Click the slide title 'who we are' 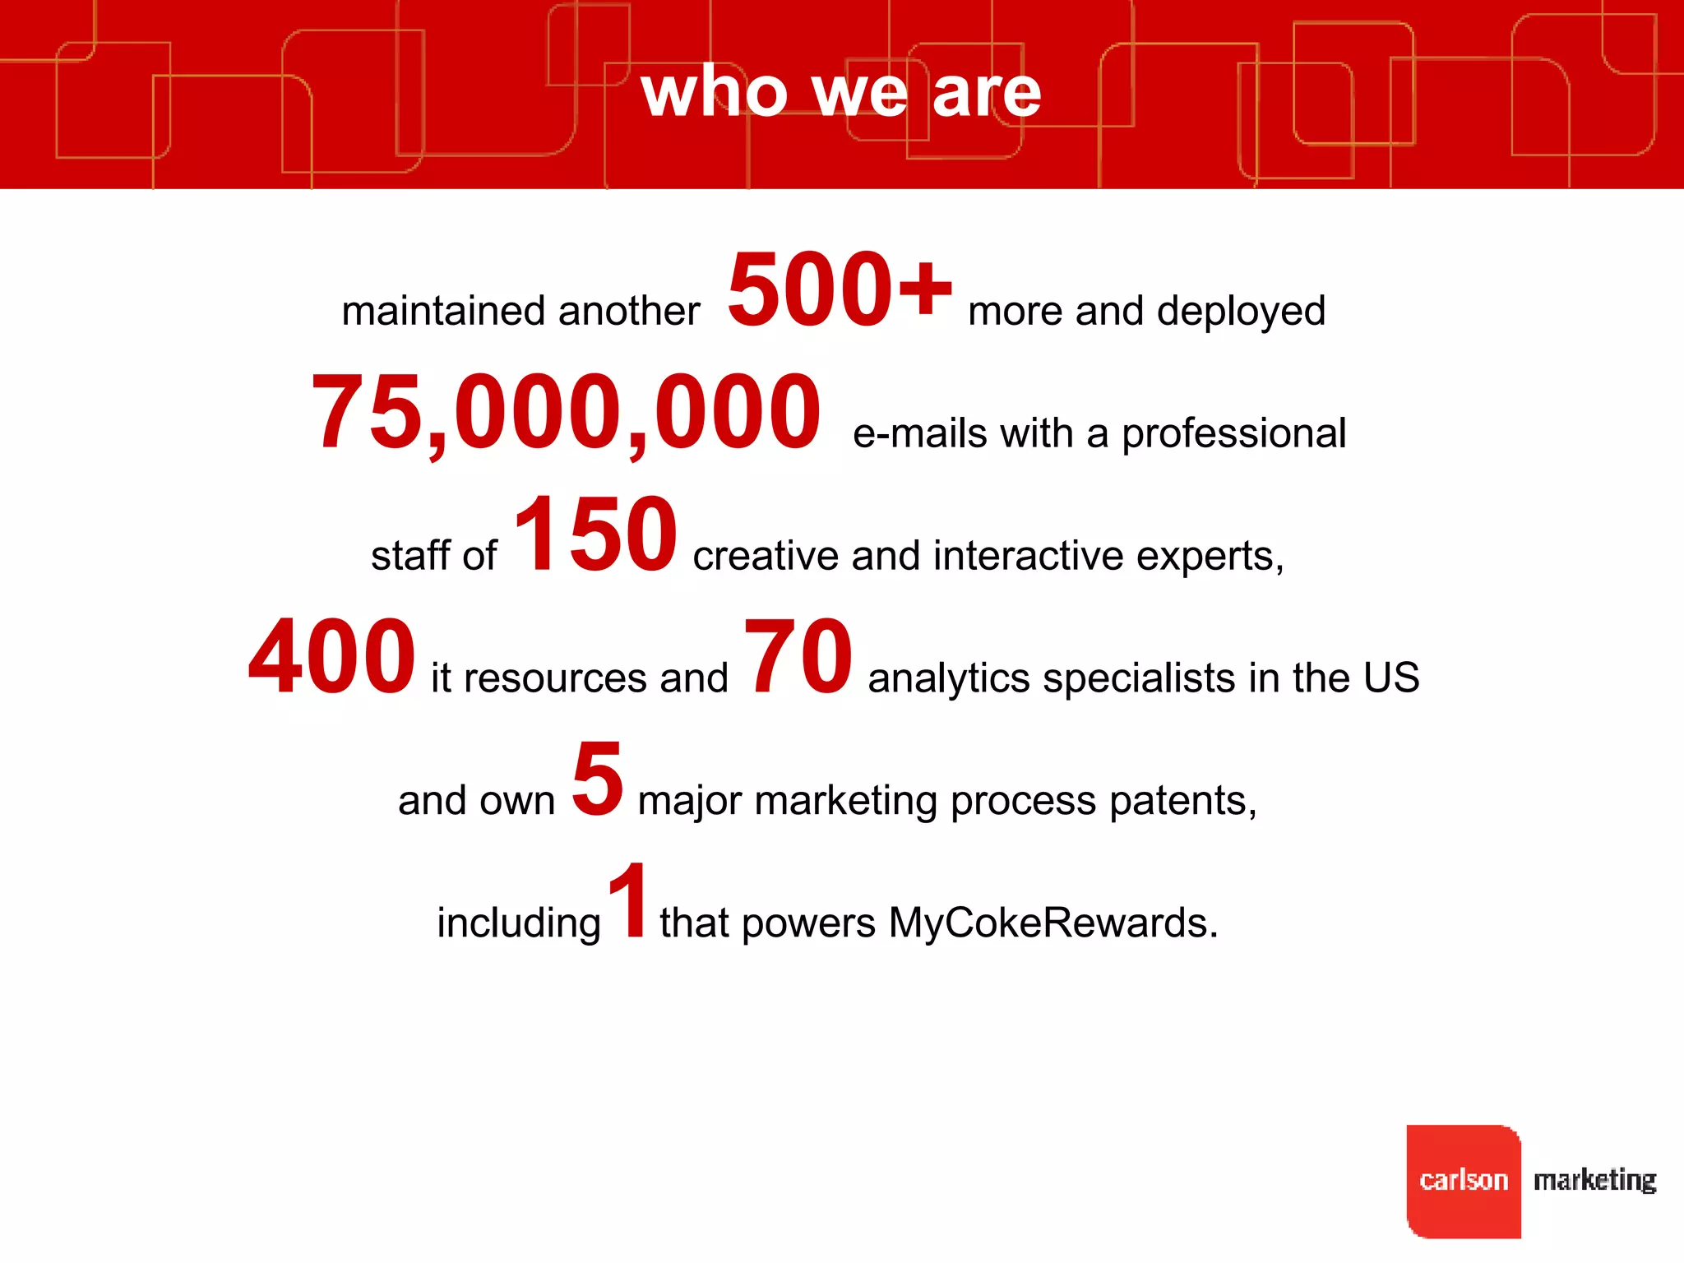pos(840,92)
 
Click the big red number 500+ pos(839,289)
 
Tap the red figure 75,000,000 pos(566,413)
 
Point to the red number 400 pos(331,657)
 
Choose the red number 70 pos(797,657)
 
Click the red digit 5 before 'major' pos(598,779)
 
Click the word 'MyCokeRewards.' pos(1053,923)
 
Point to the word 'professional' pos(1233,434)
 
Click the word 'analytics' pos(948,679)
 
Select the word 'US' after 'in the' pos(1391,678)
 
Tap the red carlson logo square pos(1463,1181)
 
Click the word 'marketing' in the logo pos(1594,1181)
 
